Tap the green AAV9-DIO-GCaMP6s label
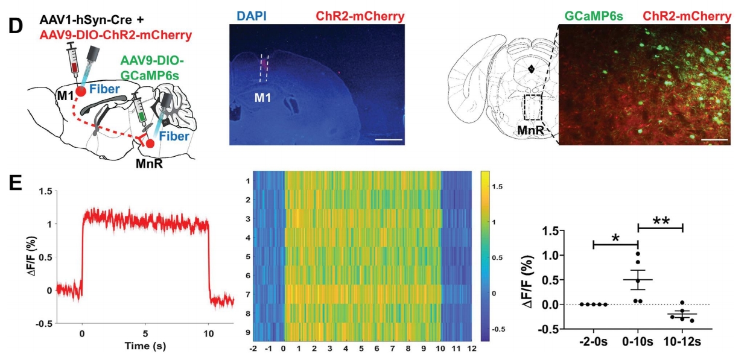pyautogui.click(x=152, y=68)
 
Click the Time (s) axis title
pyautogui.click(x=146, y=347)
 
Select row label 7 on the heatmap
pyautogui.click(x=247, y=295)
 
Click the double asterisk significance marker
pyautogui.click(x=660, y=220)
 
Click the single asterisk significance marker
pyautogui.click(x=615, y=238)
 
